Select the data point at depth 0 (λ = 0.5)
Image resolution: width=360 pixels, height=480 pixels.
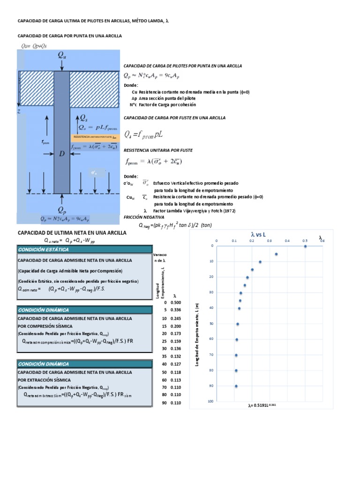[x=305, y=246]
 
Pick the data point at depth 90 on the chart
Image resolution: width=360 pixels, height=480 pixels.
[x=236, y=386]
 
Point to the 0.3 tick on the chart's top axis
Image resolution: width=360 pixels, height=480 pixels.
[x=270, y=240]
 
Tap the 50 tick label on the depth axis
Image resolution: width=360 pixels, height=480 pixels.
[x=212, y=323]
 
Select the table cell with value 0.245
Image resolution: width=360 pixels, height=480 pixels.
[x=175, y=318]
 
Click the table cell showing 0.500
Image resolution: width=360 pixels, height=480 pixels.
[x=175, y=302]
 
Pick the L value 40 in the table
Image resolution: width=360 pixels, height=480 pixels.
[x=164, y=364]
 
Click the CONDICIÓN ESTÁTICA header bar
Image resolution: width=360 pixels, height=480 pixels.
[x=84, y=249]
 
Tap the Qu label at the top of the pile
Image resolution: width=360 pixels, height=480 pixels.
[x=62, y=55]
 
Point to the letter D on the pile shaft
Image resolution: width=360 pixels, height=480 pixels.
[x=61, y=153]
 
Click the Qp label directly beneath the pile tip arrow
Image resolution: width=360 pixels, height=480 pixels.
[x=62, y=209]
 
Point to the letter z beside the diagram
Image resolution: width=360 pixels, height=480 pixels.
[x=19, y=111]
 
